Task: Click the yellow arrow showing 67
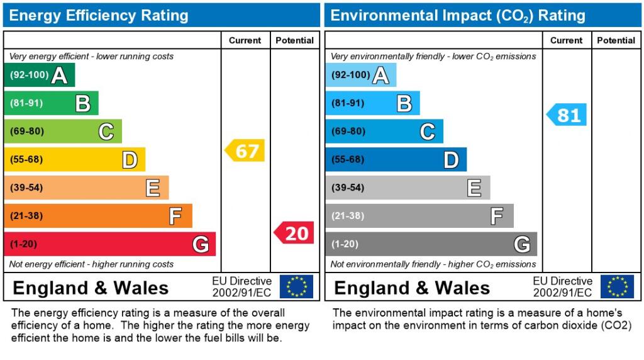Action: (245, 151)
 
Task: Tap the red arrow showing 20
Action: (294, 233)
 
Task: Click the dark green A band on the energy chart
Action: (39, 75)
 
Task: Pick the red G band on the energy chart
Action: (109, 244)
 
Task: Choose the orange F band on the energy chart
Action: (97, 216)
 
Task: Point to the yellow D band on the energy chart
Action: (74, 159)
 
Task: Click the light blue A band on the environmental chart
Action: (360, 75)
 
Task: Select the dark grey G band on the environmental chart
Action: (431, 244)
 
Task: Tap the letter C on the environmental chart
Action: (427, 132)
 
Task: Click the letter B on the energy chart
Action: (83, 103)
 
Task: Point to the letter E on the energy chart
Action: (153, 188)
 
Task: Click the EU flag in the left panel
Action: (296, 286)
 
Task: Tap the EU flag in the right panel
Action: (617, 286)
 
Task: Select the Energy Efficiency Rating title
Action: (99, 15)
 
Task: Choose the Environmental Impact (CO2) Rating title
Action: (458, 15)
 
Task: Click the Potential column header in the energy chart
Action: (294, 40)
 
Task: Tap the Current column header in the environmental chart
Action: (566, 40)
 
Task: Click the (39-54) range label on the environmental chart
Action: (348, 188)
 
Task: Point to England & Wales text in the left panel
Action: (91, 288)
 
